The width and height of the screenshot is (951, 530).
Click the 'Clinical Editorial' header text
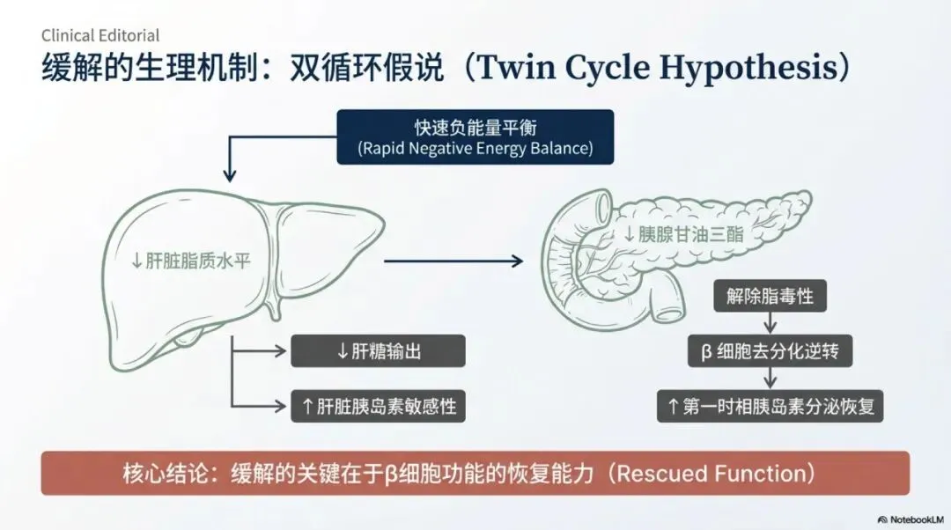[x=100, y=35]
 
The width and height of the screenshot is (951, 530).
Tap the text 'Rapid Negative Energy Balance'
[x=475, y=148]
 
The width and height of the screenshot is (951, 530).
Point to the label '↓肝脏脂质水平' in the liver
[x=191, y=261]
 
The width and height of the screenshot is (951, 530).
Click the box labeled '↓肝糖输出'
[x=378, y=351]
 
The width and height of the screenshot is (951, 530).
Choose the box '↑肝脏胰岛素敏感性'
[x=378, y=406]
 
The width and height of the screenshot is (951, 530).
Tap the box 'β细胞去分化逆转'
[x=770, y=351]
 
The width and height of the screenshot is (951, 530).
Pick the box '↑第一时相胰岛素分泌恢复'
[x=770, y=406]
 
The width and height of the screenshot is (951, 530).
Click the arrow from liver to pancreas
[x=453, y=261]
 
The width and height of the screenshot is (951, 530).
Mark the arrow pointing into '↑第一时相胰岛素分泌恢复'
[x=770, y=379]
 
